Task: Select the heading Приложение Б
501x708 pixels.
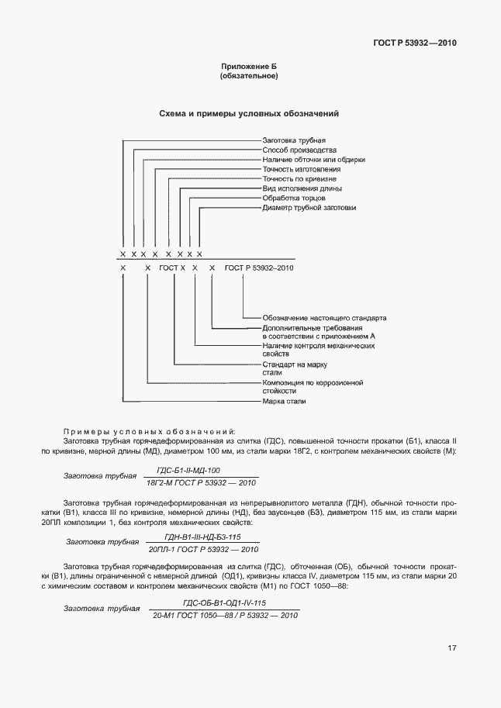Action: point(250,67)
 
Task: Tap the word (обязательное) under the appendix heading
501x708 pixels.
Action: point(250,77)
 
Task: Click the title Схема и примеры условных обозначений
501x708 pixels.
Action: point(249,114)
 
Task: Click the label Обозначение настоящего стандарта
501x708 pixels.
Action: point(324,318)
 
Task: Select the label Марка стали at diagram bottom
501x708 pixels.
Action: point(284,402)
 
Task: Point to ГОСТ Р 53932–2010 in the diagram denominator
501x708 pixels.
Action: point(259,268)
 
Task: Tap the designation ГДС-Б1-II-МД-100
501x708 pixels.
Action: point(188,470)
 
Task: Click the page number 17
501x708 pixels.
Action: point(451,648)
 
